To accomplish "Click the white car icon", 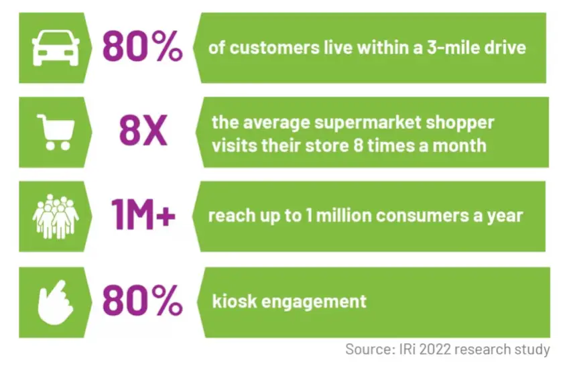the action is pos(56,48).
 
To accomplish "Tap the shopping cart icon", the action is pos(56,132).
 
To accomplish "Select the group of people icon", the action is pos(56,216).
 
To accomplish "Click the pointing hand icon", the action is pos(55,302).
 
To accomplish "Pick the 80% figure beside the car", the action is pos(142,46).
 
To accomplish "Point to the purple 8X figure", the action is pos(143,131).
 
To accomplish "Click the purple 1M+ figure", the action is pos(143,214).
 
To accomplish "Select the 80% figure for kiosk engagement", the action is pos(142,300).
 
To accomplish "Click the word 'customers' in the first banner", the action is pos(274,48).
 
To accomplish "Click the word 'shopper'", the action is pos(460,123).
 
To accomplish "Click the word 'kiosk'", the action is pos(234,301).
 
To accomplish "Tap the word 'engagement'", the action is pos(314,302).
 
